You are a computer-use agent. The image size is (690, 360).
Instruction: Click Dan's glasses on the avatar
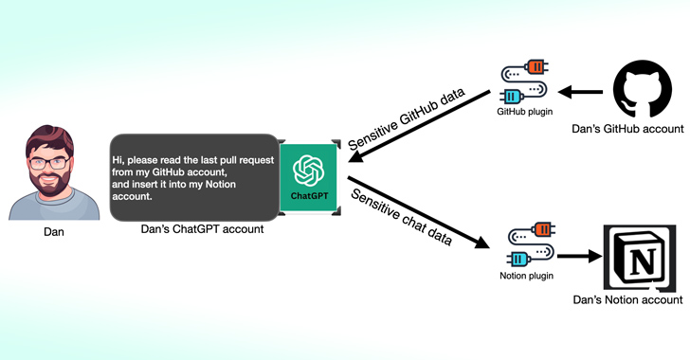(x=45, y=161)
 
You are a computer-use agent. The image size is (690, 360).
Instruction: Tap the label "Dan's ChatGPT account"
(x=202, y=229)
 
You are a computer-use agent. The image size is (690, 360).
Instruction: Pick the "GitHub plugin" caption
(x=523, y=110)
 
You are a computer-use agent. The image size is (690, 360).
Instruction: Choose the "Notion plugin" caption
(x=526, y=276)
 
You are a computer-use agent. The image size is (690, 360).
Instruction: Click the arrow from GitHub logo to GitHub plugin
(x=580, y=92)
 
